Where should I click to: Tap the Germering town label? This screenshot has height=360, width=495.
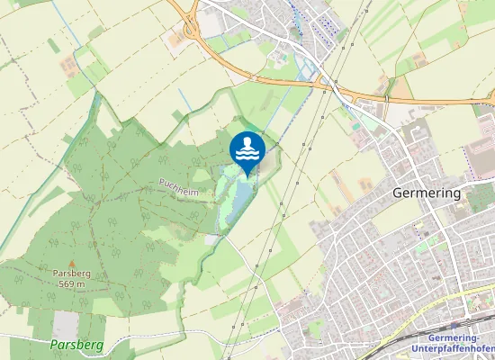pyautogui.click(x=427, y=193)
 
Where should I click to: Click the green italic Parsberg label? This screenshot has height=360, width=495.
pyautogui.click(x=77, y=345)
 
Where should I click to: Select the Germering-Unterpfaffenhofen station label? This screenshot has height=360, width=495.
pyautogui.click(x=446, y=343)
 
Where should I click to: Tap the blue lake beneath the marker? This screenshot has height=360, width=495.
pyautogui.click(x=242, y=194)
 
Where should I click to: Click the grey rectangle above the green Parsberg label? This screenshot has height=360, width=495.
pyautogui.click(x=65, y=325)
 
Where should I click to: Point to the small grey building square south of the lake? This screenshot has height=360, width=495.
pyautogui.click(x=211, y=239)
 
